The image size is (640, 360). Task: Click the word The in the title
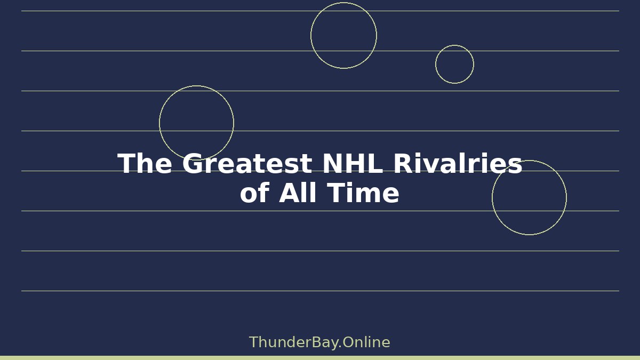(x=145, y=163)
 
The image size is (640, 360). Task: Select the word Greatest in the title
(x=247, y=163)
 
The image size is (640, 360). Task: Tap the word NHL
(x=353, y=163)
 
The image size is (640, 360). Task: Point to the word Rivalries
(x=458, y=163)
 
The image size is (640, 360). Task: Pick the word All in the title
(x=298, y=193)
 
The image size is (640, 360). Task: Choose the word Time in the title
(x=363, y=193)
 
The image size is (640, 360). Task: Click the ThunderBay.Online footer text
(x=319, y=342)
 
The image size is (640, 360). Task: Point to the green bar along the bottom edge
(x=320, y=358)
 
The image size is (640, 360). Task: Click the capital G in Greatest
(x=193, y=163)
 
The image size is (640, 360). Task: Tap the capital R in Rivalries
(x=404, y=163)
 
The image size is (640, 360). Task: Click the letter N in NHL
(x=332, y=163)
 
